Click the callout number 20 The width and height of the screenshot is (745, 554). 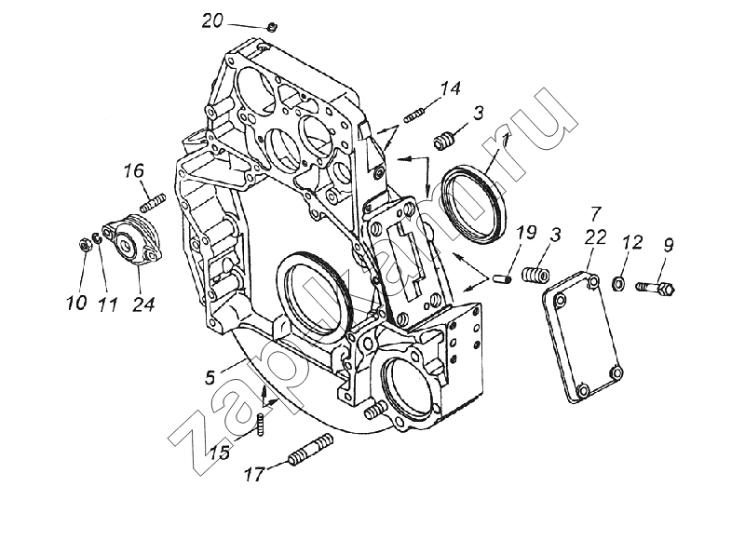(212, 21)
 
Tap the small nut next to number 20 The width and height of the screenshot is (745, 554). (272, 28)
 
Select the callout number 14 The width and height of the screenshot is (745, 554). (450, 88)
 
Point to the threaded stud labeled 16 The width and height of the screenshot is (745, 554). (153, 202)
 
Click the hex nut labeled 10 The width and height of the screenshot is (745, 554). (85, 244)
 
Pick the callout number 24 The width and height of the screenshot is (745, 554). (143, 304)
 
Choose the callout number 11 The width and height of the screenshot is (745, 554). (107, 304)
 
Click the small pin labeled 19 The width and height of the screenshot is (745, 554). (503, 278)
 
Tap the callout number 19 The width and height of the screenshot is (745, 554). (527, 233)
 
